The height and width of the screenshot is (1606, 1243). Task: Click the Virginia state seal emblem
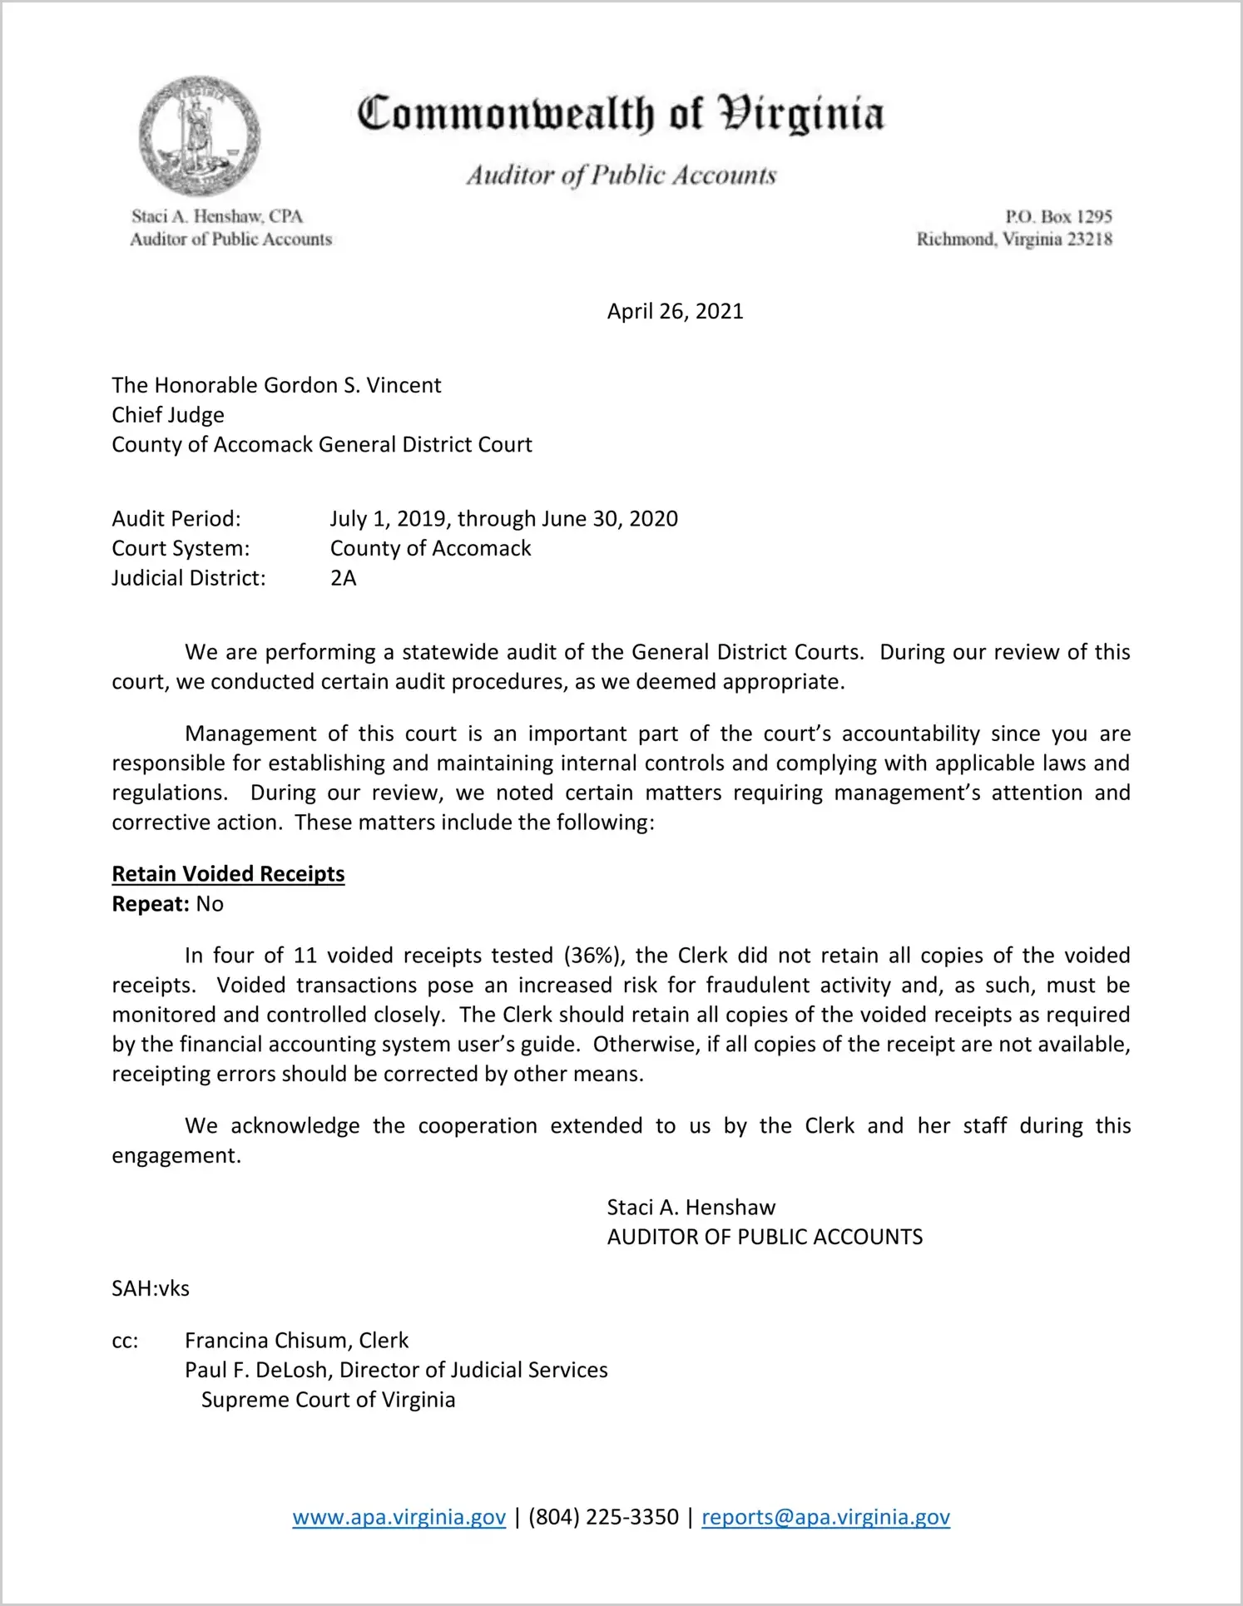click(200, 136)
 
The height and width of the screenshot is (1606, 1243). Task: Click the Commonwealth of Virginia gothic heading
click(620, 115)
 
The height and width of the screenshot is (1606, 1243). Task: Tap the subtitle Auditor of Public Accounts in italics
click(621, 175)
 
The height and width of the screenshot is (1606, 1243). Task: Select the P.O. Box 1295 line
click(1057, 216)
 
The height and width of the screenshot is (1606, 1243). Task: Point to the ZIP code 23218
click(1089, 240)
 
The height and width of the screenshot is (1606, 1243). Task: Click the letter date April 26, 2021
click(675, 311)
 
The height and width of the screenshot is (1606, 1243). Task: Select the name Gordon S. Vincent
click(352, 385)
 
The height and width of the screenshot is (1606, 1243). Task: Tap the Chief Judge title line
click(168, 415)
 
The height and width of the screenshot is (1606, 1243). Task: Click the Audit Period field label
click(176, 519)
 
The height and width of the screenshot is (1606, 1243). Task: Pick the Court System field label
click(181, 549)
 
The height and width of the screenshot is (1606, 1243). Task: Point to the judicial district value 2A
click(343, 578)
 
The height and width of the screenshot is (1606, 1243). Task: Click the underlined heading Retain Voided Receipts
click(228, 874)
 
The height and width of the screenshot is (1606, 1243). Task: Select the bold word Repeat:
click(151, 904)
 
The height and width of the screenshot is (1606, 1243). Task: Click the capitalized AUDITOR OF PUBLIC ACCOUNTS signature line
click(765, 1237)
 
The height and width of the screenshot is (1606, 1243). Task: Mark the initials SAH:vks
click(151, 1288)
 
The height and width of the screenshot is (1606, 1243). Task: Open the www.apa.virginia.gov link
click(399, 1517)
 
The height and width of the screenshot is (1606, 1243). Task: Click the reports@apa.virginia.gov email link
click(825, 1517)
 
